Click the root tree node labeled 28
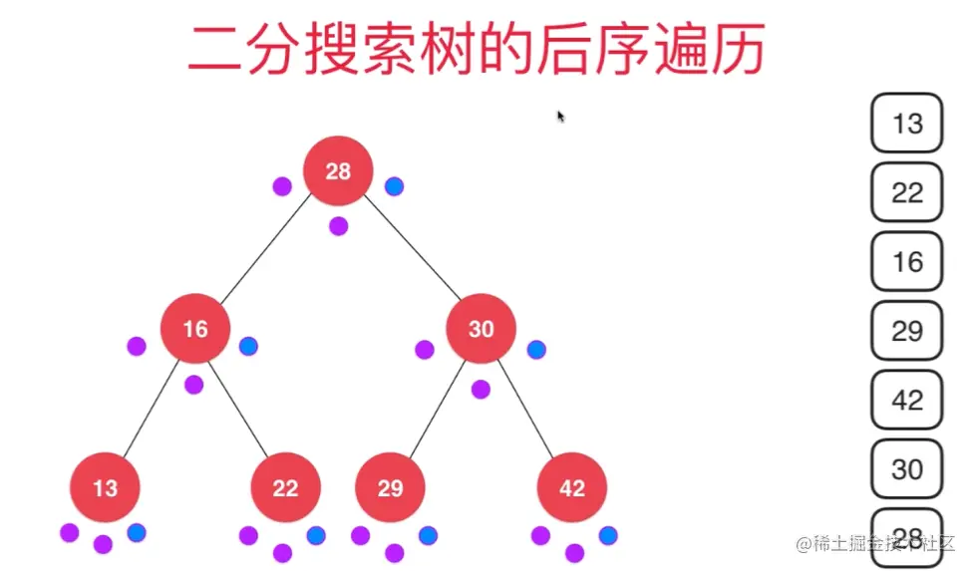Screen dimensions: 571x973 338,170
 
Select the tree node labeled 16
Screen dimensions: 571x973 195,328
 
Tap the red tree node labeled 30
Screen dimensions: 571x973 482,328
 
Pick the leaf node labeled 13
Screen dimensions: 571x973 105,487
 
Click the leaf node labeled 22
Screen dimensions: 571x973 285,487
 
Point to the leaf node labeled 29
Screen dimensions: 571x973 391,487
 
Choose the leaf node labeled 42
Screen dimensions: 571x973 572,487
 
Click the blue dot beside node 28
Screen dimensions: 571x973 394,185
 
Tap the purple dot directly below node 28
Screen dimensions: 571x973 339,225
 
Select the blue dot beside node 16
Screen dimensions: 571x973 248,346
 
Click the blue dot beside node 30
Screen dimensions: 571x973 536,349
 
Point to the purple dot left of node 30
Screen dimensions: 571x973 425,349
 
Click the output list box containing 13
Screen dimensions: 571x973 907,124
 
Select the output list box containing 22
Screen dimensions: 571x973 907,192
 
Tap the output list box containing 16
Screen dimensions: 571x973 907,261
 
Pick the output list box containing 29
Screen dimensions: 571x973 907,330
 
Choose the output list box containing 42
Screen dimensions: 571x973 907,399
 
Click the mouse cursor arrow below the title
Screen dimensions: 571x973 560,116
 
